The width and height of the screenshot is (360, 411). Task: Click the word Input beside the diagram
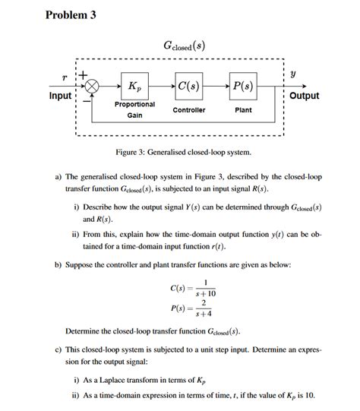coord(60,96)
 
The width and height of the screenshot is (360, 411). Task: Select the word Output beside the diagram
coord(304,96)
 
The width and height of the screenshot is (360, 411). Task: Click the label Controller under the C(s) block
coord(189,110)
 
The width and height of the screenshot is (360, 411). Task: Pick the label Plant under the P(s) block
coord(243,110)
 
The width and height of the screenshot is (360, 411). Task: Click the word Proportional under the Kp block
coord(134,104)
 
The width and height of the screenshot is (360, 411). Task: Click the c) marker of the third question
coord(58,351)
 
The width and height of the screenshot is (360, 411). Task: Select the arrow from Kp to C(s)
coord(165,86)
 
